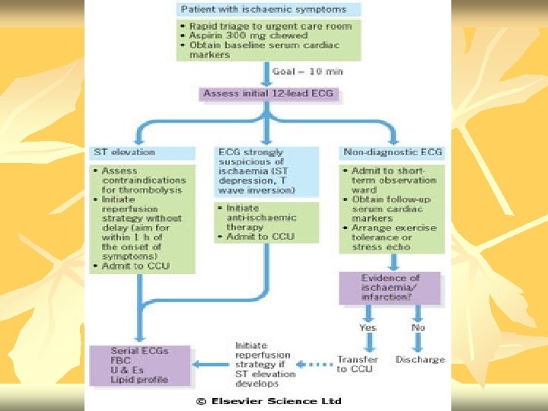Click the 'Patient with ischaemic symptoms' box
click(x=263, y=9)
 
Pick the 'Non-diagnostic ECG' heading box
click(x=392, y=152)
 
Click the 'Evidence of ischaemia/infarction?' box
click(x=390, y=288)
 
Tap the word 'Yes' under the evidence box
click(x=368, y=327)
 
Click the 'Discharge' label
click(x=420, y=358)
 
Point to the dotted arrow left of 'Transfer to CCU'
click(x=314, y=364)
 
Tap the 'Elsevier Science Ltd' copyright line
click(x=269, y=401)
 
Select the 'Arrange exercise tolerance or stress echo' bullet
click(x=393, y=237)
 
